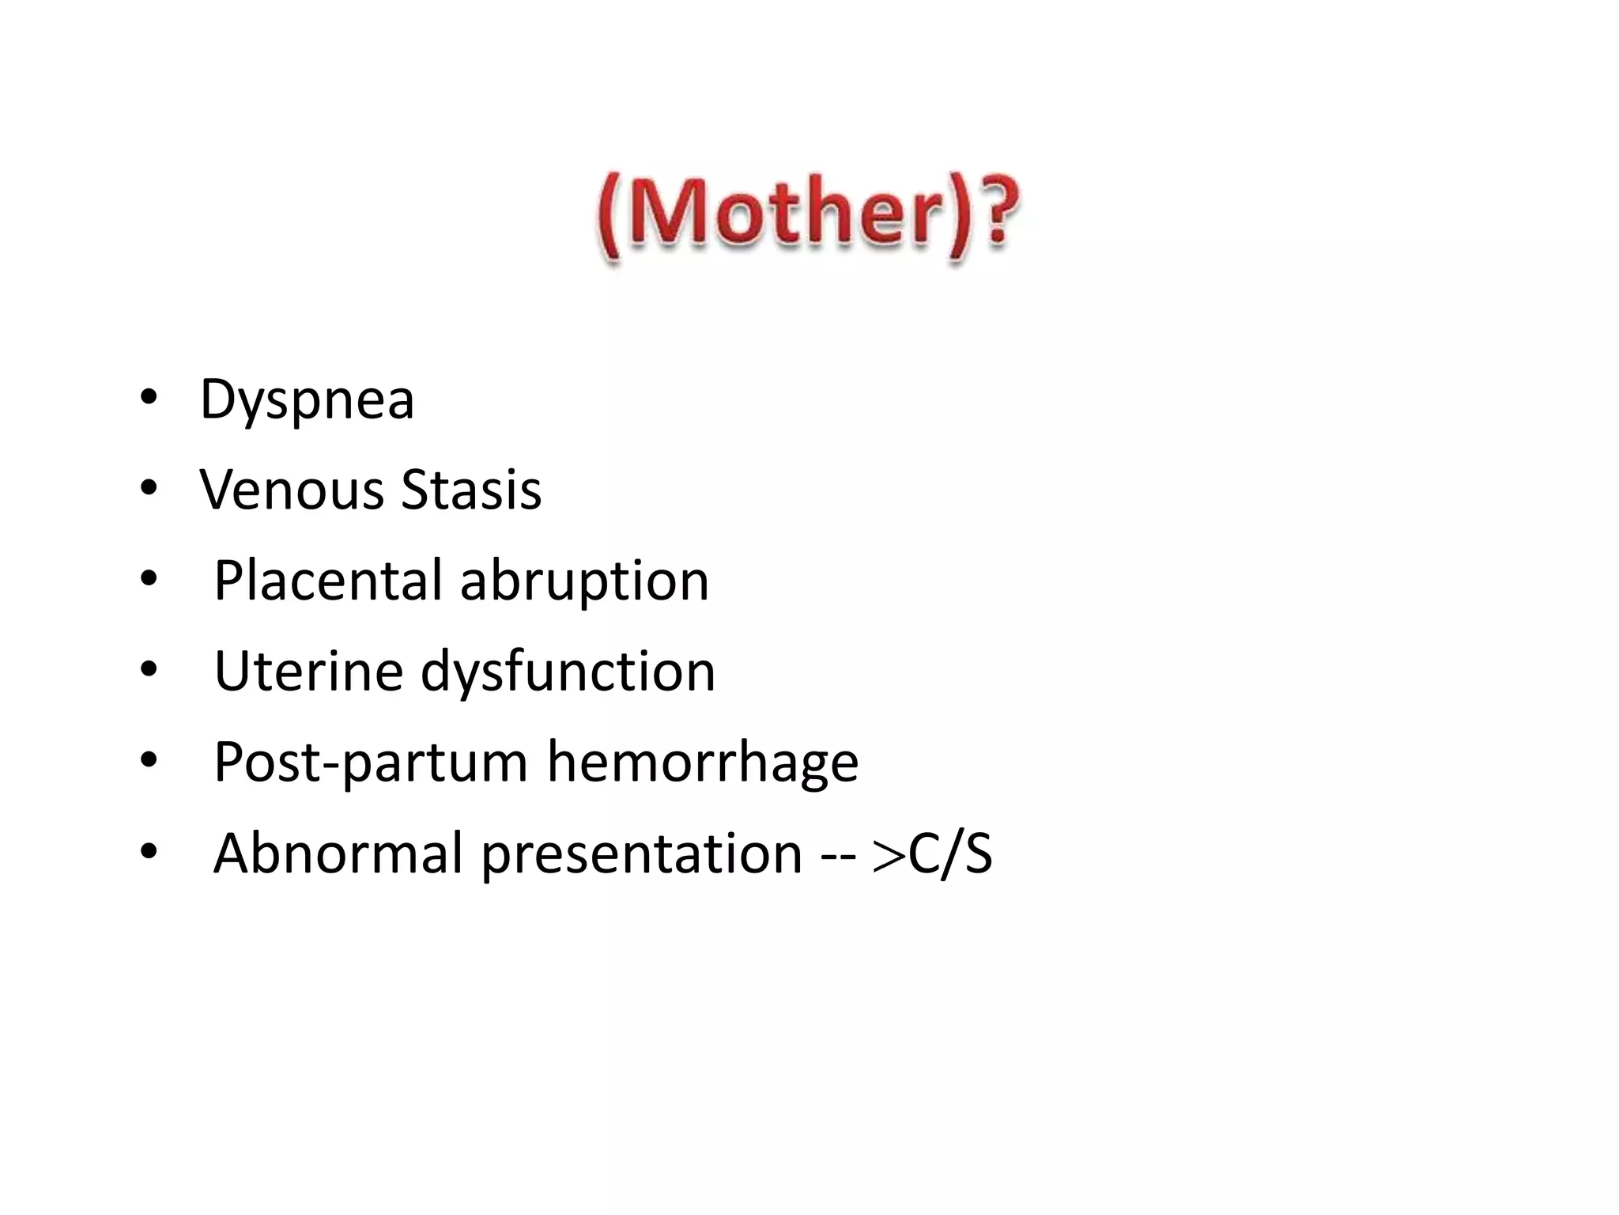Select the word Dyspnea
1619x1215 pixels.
pos(307,400)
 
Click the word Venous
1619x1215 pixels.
pos(290,490)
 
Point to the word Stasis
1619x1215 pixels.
pos(471,490)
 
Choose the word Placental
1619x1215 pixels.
pos(327,581)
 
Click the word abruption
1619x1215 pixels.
pos(584,582)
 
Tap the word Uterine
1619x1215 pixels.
pos(308,672)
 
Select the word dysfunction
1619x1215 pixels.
pos(568,672)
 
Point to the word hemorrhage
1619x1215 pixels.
pos(702,762)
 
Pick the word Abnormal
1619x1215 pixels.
pos(338,854)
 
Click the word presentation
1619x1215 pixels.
pos(641,855)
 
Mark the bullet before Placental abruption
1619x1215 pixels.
pos(149,578)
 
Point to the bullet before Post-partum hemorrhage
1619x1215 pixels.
pos(149,760)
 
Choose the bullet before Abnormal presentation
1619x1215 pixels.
pos(149,851)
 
